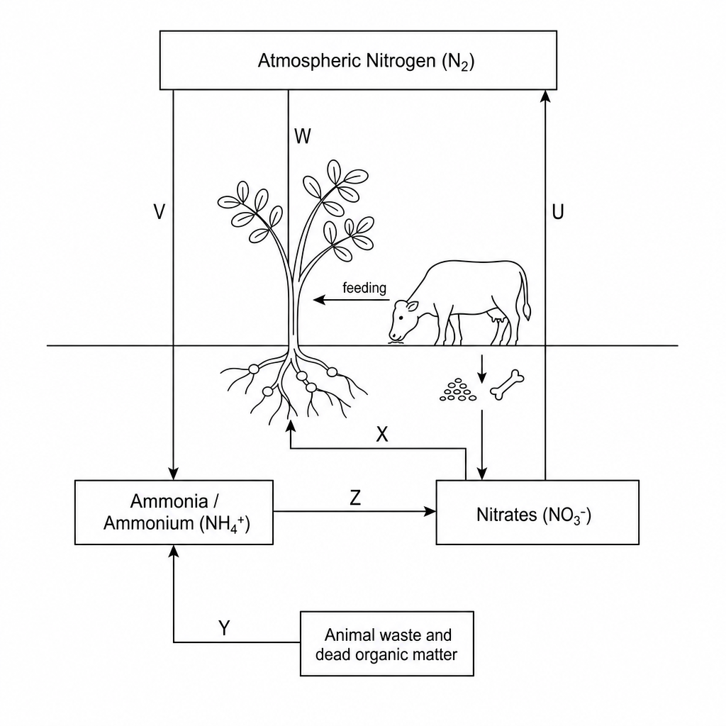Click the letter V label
pyautogui.click(x=159, y=212)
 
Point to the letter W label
pyautogui.click(x=302, y=137)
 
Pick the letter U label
pyautogui.click(x=558, y=212)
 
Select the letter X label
pyautogui.click(x=382, y=435)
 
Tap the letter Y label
pyautogui.click(x=224, y=628)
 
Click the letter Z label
pyautogui.click(x=355, y=498)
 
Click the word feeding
pyautogui.click(x=364, y=288)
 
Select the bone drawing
pyautogui.click(x=507, y=384)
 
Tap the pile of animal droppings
pyautogui.click(x=458, y=389)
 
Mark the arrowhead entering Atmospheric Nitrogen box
pyautogui.click(x=545, y=96)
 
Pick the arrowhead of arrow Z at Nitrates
pyautogui.click(x=430, y=512)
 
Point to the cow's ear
pyautogui.click(x=412, y=306)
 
